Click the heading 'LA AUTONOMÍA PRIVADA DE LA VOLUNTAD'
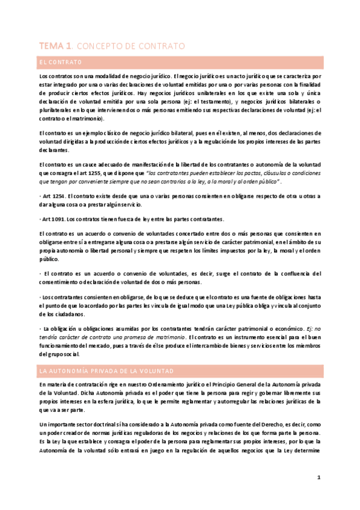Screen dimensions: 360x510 point(97,372)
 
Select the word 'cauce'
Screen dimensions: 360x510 point(87,162)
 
